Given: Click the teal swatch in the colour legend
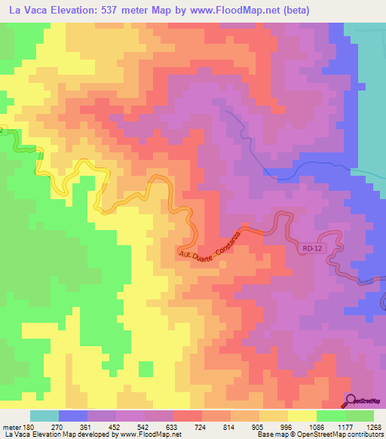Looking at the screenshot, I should (x=44, y=416).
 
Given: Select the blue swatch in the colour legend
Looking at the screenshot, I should (x=73, y=416).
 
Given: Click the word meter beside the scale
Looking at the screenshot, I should (x=13, y=426).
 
